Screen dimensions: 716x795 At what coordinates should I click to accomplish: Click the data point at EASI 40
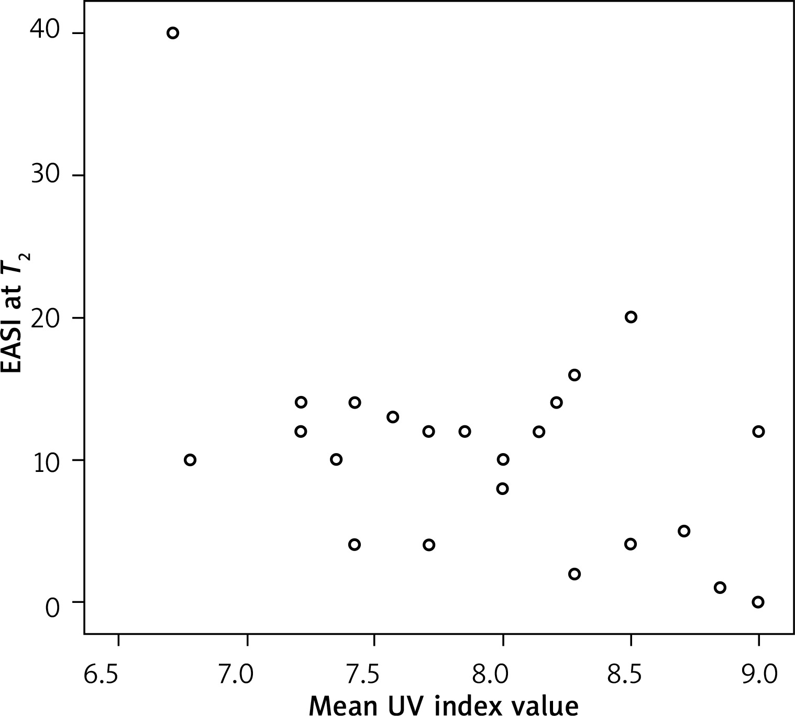pyautogui.click(x=173, y=33)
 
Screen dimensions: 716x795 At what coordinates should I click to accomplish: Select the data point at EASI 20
pyautogui.click(x=631, y=317)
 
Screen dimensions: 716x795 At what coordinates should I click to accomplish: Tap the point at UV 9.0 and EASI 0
pyautogui.click(x=758, y=602)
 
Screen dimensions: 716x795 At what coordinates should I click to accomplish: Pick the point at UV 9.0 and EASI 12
pyautogui.click(x=758, y=431)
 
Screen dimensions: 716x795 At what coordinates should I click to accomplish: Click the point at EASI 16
pyautogui.click(x=575, y=375)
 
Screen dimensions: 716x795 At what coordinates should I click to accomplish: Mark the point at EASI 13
pyautogui.click(x=393, y=417)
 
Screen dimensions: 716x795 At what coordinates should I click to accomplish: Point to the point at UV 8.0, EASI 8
pyautogui.click(x=502, y=489)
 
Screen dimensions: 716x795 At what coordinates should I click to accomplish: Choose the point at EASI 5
pyautogui.click(x=683, y=531)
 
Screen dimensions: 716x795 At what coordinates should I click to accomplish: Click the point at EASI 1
pyautogui.click(x=720, y=587)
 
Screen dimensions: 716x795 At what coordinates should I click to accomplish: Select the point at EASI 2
pyautogui.click(x=575, y=574)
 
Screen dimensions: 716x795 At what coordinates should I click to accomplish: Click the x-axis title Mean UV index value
pyautogui.click(x=444, y=705)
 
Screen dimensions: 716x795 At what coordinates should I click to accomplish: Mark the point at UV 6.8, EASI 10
pyautogui.click(x=190, y=460)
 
